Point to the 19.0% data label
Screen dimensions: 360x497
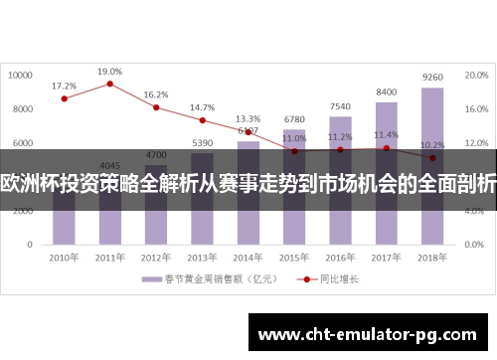109,72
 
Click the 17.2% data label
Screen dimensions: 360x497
64,87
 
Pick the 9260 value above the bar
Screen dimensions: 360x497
432,77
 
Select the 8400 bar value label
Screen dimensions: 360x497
387,91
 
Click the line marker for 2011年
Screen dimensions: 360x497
109,84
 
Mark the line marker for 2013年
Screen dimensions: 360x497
202,120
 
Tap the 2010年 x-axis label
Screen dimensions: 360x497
64,257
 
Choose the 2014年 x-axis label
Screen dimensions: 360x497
248,257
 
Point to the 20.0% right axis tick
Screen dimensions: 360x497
476,75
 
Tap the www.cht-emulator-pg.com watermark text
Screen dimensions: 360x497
371,335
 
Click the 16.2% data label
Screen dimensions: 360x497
156,95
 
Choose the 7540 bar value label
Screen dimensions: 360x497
340,106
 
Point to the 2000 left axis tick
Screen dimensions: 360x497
25,209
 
